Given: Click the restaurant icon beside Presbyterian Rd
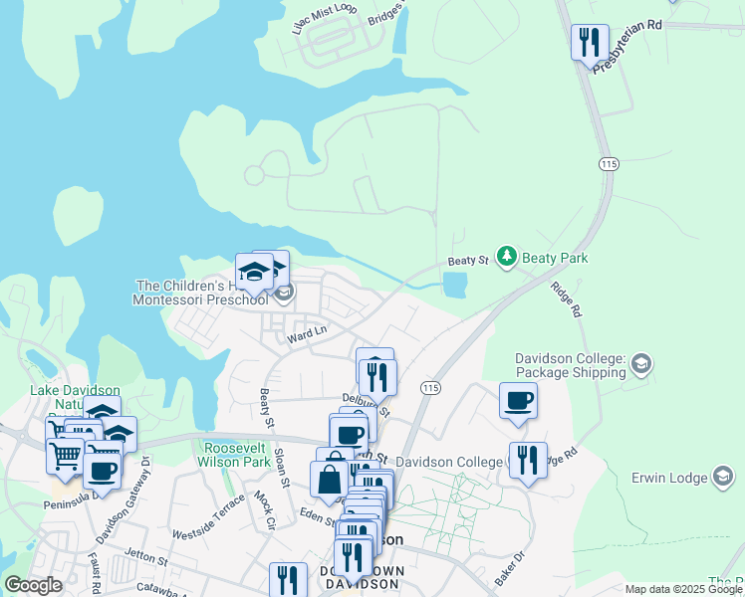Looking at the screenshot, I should tap(589, 42).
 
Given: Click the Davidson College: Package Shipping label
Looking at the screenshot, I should tap(570, 365).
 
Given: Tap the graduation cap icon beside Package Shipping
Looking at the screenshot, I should tap(640, 365).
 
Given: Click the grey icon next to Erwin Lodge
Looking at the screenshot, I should tap(724, 478).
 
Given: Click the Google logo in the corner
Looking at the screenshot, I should tap(34, 585).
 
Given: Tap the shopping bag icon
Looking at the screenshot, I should tap(329, 481).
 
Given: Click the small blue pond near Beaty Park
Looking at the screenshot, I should tap(454, 286).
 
